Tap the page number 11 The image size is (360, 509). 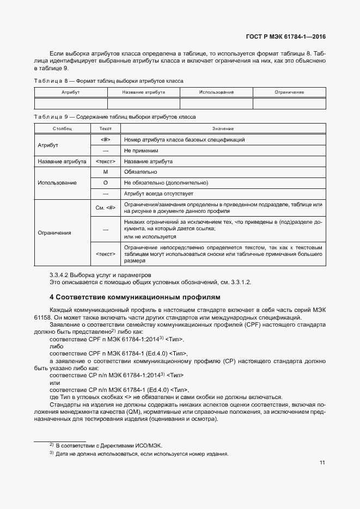tap(322, 463)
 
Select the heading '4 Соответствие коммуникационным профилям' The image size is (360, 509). tap(135, 297)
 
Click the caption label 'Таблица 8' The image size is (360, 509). tap(52, 81)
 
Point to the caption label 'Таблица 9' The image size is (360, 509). tap(52, 117)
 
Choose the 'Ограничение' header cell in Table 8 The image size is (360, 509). tap(289, 93)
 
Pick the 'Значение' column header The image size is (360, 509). tap(223, 128)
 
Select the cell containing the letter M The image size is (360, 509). tap(106, 172)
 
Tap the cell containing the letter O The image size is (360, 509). tap(106, 183)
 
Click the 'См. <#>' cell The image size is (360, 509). tap(106, 207)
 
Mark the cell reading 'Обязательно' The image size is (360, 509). tap(141, 172)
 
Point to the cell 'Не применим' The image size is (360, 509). tap(141, 150)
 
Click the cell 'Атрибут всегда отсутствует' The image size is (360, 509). tap(158, 194)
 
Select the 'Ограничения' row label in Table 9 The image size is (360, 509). tap(54, 233)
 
